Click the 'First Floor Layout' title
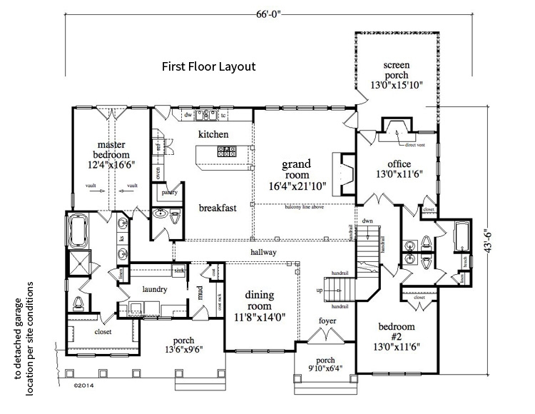click(208, 66)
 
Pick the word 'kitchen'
click(213, 134)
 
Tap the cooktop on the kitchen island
click(228, 151)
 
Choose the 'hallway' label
click(263, 253)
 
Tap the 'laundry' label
click(153, 289)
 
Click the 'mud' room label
click(200, 291)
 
